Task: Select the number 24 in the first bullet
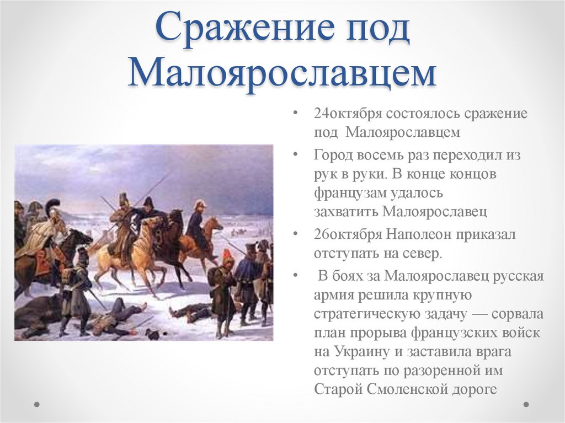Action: pos(321,114)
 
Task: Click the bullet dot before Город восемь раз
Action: pos(297,155)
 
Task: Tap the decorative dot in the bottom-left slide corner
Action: pos(36,404)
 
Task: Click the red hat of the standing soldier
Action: pos(226,255)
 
